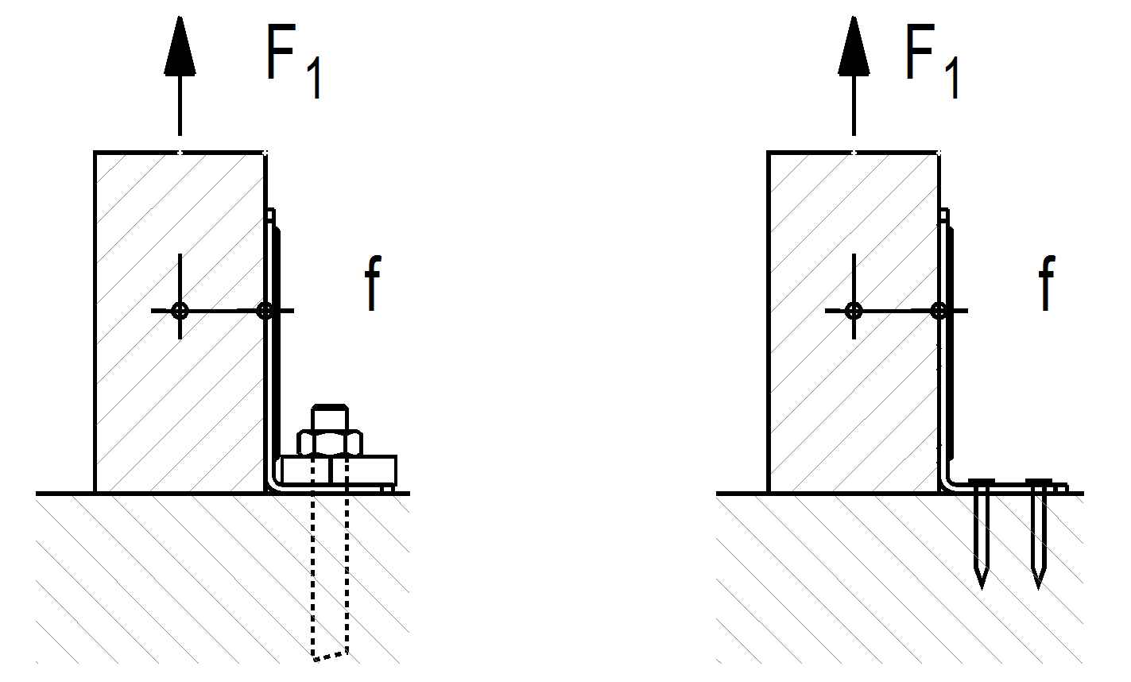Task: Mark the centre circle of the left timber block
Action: (180, 311)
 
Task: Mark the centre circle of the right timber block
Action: (854, 311)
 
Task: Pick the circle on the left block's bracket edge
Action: (265, 311)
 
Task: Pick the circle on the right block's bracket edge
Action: (939, 311)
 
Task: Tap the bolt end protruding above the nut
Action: (330, 417)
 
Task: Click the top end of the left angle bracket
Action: (271, 215)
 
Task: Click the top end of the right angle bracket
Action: (944, 215)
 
